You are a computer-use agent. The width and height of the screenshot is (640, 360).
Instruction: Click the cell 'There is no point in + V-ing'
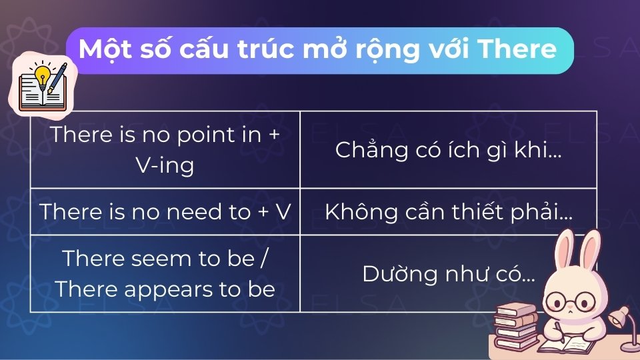tap(165, 149)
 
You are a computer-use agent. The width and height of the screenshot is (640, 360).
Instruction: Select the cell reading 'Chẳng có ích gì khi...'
tap(448, 149)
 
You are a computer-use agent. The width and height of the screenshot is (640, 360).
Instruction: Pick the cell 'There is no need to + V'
tap(165, 211)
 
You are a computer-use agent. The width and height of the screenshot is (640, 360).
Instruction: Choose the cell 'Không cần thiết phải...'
tap(448, 211)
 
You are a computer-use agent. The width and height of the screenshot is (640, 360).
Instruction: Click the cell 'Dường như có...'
tap(448, 274)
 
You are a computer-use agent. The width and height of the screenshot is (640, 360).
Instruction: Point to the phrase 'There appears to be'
tap(165, 289)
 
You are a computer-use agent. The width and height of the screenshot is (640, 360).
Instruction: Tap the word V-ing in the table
tap(165, 165)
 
